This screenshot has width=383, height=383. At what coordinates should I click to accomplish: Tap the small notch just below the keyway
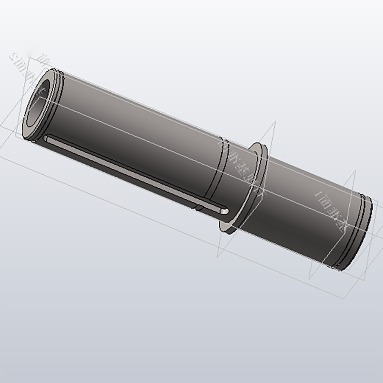pos(198,208)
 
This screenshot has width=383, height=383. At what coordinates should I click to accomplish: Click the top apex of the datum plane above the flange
pos(275,122)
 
